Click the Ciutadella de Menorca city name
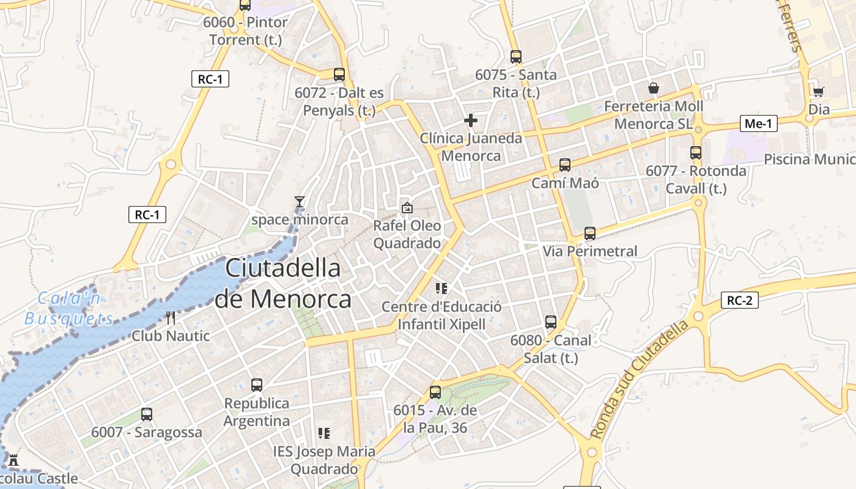[x=283, y=284]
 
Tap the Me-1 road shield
[x=758, y=123]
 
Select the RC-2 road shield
[x=740, y=300]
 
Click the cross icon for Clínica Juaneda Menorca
[x=470, y=120]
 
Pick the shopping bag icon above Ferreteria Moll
[x=654, y=88]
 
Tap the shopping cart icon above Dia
[x=818, y=92]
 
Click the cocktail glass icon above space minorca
[x=300, y=201]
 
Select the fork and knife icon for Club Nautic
[x=171, y=317]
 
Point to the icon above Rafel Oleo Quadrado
[x=407, y=208]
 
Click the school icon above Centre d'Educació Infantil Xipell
[x=441, y=288]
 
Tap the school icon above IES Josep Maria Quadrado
[x=324, y=433]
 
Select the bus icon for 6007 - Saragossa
[x=147, y=414]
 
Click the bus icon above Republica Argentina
[x=257, y=385]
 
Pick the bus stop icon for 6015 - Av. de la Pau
[x=435, y=392]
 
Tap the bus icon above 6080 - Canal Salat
[x=551, y=322]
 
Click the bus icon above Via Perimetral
[x=590, y=233]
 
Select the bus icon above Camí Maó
[x=565, y=164]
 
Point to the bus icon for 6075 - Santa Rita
[x=516, y=57]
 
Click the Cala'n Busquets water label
[x=69, y=309]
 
